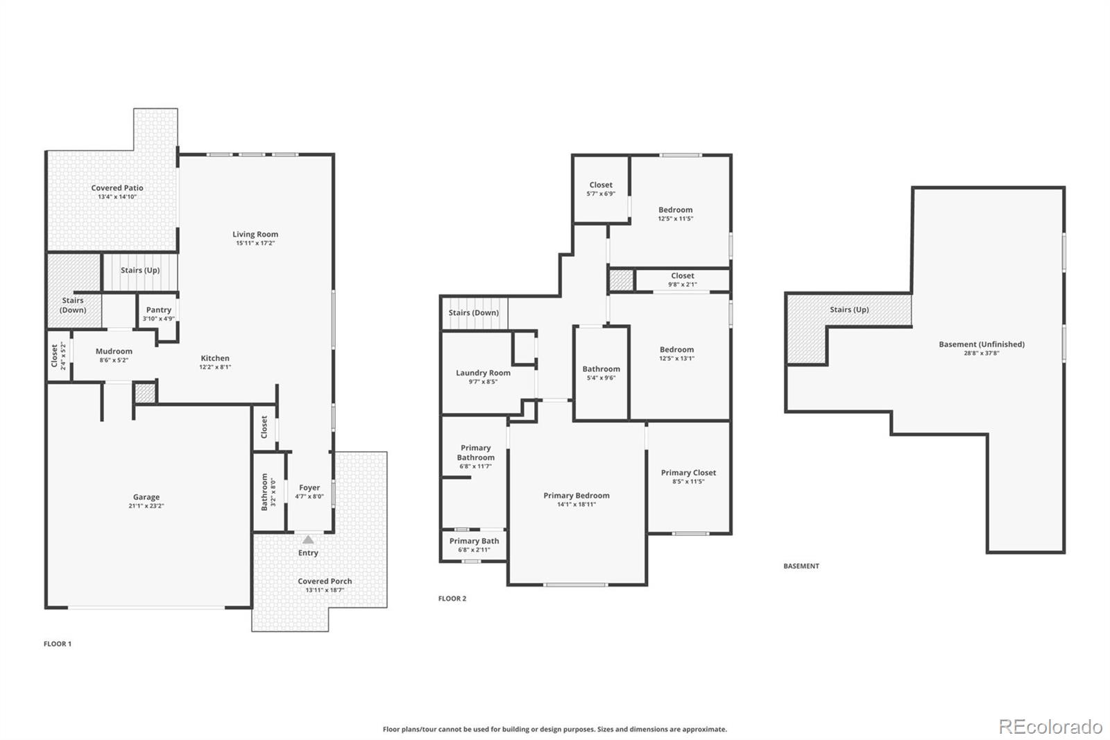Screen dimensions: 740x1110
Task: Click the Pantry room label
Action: pyautogui.click(x=159, y=310)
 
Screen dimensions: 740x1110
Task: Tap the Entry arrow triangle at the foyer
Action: pyautogui.click(x=308, y=539)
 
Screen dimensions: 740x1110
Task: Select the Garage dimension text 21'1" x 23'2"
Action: pyautogui.click(x=146, y=506)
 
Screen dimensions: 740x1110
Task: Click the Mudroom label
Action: pyautogui.click(x=114, y=351)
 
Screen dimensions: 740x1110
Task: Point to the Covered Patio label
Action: pyautogui.click(x=117, y=187)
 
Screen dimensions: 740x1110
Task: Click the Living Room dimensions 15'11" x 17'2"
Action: pyautogui.click(x=255, y=244)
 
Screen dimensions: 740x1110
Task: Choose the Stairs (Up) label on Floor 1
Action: pyautogui.click(x=140, y=270)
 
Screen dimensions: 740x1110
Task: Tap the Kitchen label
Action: pyautogui.click(x=215, y=358)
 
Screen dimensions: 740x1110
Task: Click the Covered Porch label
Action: pyautogui.click(x=325, y=581)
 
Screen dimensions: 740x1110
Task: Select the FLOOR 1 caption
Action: pyautogui.click(x=58, y=644)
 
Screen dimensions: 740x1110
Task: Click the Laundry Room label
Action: pyautogui.click(x=483, y=373)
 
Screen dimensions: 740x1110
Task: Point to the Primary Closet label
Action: pyautogui.click(x=688, y=473)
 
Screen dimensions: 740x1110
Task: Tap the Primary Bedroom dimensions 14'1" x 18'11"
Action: pyautogui.click(x=577, y=505)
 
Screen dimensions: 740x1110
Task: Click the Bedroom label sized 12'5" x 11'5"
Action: pyautogui.click(x=675, y=210)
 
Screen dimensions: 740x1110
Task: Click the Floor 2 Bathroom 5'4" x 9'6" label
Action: pyautogui.click(x=601, y=369)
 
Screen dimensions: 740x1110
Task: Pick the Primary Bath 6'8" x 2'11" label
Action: pyautogui.click(x=474, y=541)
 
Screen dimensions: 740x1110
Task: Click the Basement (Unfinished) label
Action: pyautogui.click(x=981, y=344)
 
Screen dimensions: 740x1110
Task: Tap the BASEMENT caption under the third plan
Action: pyautogui.click(x=801, y=566)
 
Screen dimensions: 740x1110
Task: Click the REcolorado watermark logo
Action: pyautogui.click(x=1050, y=726)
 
